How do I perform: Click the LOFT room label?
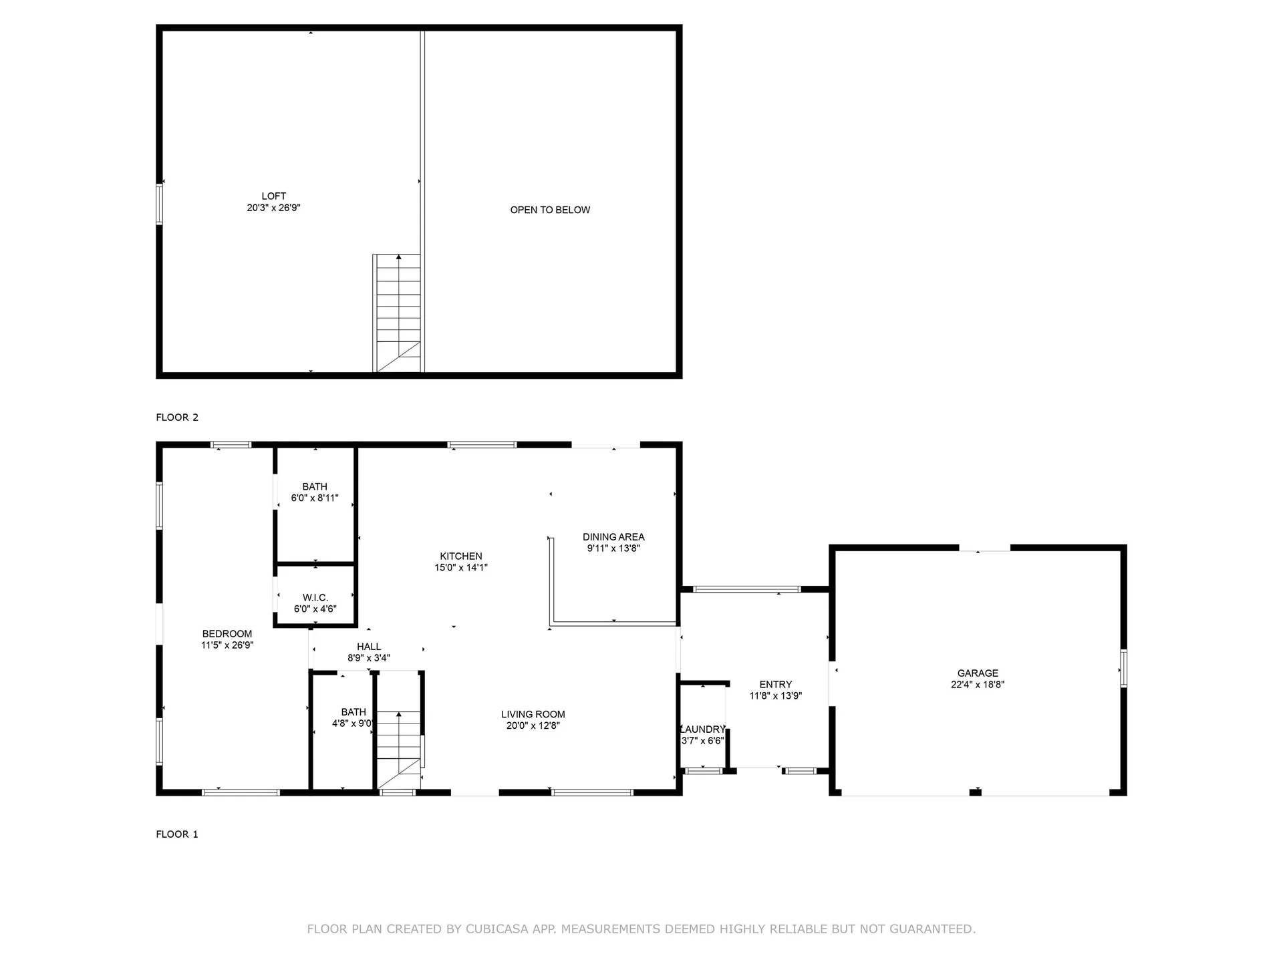coord(273,196)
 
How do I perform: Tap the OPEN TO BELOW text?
coord(550,210)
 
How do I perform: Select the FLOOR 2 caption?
coord(177,418)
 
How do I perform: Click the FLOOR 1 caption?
coord(177,834)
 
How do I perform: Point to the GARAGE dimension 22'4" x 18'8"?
coord(977,685)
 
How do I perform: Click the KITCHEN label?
coord(460,556)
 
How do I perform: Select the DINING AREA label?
coord(613,537)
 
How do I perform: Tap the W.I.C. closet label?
coord(315,598)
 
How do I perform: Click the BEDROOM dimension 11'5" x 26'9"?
coord(227,645)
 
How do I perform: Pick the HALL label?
coord(368,647)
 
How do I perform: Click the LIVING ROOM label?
coord(533,715)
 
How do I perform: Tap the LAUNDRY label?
coord(702,730)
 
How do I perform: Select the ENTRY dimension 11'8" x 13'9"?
coord(775,696)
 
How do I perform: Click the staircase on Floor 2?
coord(398,311)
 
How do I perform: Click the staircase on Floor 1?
coord(399,748)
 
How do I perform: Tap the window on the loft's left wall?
coord(159,204)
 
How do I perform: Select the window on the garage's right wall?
coord(1123,668)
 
